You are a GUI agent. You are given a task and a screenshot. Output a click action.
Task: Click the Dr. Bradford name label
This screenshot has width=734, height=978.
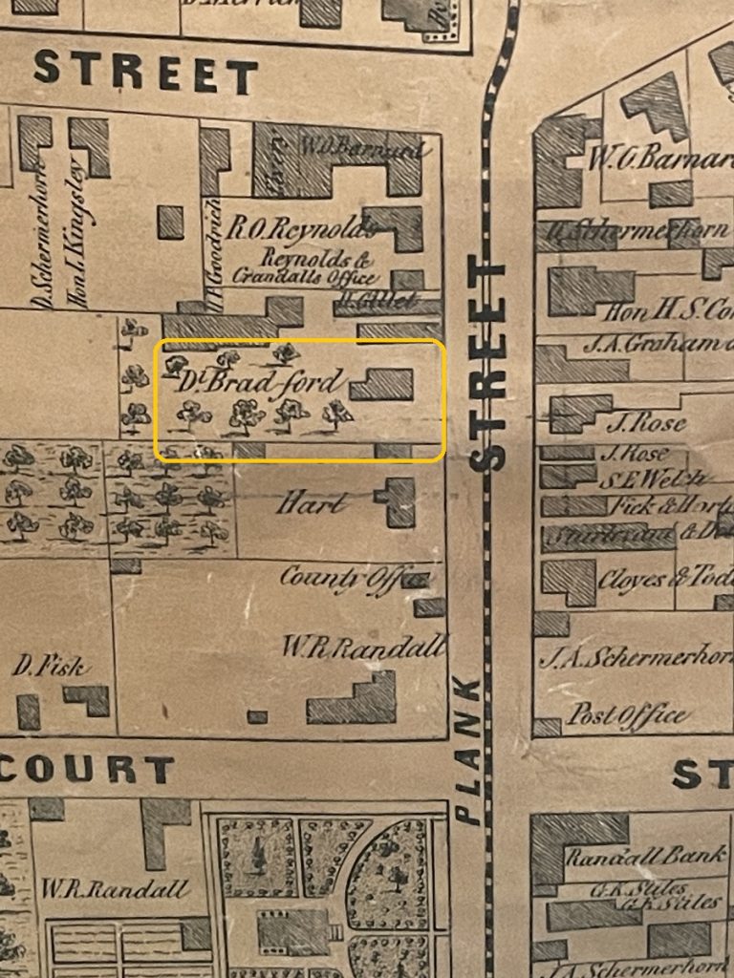(258, 383)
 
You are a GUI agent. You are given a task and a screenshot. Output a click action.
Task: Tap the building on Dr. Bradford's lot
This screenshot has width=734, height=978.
(381, 385)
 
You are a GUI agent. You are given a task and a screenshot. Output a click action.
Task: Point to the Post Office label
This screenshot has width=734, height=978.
(628, 714)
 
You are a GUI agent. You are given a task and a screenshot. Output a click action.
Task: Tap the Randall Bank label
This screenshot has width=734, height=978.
(645, 856)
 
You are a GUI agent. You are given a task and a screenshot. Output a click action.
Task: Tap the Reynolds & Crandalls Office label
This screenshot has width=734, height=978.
(304, 266)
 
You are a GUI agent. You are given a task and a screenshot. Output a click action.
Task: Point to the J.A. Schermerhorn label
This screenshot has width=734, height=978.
(637, 658)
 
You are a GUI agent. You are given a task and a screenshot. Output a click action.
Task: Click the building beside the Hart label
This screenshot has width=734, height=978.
(397, 502)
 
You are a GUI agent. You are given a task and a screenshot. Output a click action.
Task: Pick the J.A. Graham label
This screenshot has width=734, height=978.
(663, 344)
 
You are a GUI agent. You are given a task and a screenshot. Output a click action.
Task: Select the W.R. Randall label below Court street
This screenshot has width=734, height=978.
(115, 889)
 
